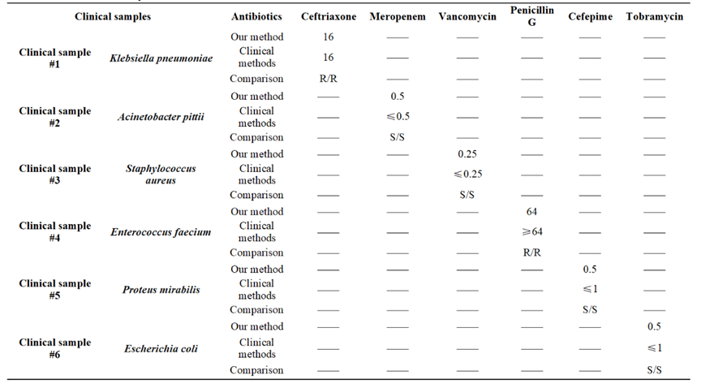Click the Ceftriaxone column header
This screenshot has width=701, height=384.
click(x=329, y=17)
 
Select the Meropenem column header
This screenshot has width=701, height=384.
click(x=398, y=17)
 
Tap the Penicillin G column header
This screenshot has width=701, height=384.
click(x=532, y=16)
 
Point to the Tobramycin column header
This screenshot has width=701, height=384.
click(x=655, y=17)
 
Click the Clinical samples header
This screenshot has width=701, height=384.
click(x=113, y=17)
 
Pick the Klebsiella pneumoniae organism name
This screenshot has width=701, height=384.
click(x=161, y=58)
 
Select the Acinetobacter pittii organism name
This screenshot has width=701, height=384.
click(x=161, y=117)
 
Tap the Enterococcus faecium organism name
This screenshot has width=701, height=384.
click(x=161, y=232)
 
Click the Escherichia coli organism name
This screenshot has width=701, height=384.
click(x=161, y=348)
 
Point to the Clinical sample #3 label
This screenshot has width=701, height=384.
click(x=55, y=175)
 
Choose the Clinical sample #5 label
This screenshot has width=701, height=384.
click(x=55, y=290)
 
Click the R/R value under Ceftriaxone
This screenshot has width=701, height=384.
click(x=328, y=79)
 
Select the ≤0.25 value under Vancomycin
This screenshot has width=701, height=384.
click(x=467, y=174)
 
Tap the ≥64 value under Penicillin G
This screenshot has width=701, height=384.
click(x=532, y=232)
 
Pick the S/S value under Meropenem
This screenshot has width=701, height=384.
click(x=397, y=137)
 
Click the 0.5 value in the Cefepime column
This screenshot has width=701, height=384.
click(x=590, y=270)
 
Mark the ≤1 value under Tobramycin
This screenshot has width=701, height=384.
click(x=655, y=347)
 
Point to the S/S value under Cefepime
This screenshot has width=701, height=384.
click(x=590, y=309)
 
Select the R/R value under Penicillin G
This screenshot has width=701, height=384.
click(x=532, y=252)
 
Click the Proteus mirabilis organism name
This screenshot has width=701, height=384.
click(x=161, y=290)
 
